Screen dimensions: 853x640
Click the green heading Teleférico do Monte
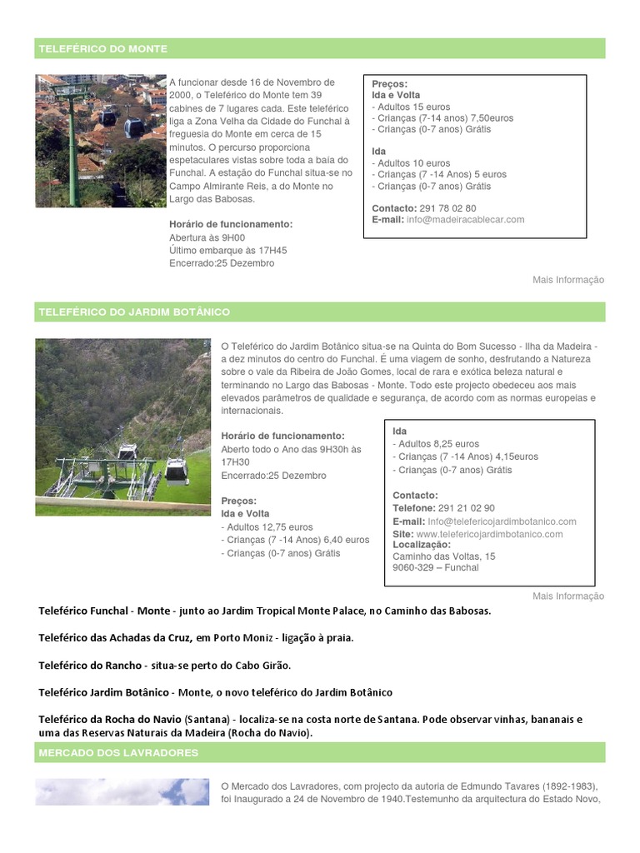pos(102,49)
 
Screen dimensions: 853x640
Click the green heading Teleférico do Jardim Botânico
pos(133,312)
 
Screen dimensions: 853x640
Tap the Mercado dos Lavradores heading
pos(117,753)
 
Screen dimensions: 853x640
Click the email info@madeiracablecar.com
pos(465,220)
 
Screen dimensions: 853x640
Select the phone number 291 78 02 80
pos(447,208)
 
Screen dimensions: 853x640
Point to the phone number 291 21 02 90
pos(466,508)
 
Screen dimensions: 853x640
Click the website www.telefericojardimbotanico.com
pos(489,534)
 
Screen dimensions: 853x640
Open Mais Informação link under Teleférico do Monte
pos(568,280)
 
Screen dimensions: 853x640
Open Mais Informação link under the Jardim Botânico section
pos(568,596)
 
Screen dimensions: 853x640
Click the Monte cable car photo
pos(101,141)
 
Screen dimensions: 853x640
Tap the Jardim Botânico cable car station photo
pos(122,426)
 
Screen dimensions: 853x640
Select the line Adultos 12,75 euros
pos(267,527)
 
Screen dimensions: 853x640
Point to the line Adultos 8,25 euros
pos(437,444)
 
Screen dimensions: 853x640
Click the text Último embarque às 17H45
pos(227,250)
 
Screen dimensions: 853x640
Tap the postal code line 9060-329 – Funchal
pos(435,568)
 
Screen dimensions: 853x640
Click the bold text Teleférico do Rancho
pos(91,666)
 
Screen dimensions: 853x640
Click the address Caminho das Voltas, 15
pos(443,556)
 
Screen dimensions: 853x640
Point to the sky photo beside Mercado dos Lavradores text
pos(122,791)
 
